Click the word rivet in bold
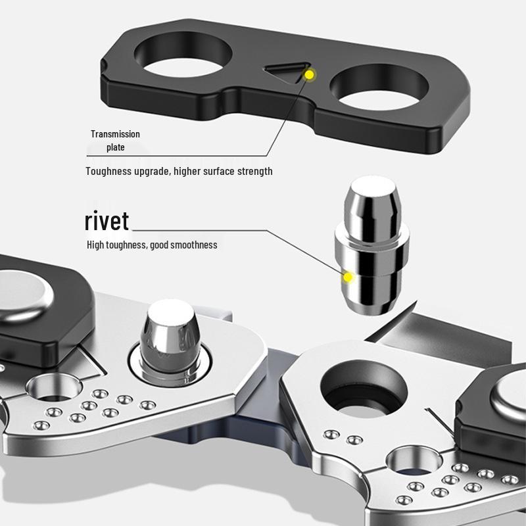coord(107,221)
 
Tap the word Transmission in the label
coord(115,134)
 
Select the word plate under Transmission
coord(116,147)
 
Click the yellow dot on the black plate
coord(309,74)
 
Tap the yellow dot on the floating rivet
coord(348,277)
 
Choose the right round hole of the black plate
coord(379,87)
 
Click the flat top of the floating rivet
coord(373,187)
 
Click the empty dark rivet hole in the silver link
coord(364,389)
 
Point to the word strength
coord(255,172)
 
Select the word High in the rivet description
coord(95,245)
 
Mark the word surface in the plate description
coord(219,172)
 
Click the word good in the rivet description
coord(159,245)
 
